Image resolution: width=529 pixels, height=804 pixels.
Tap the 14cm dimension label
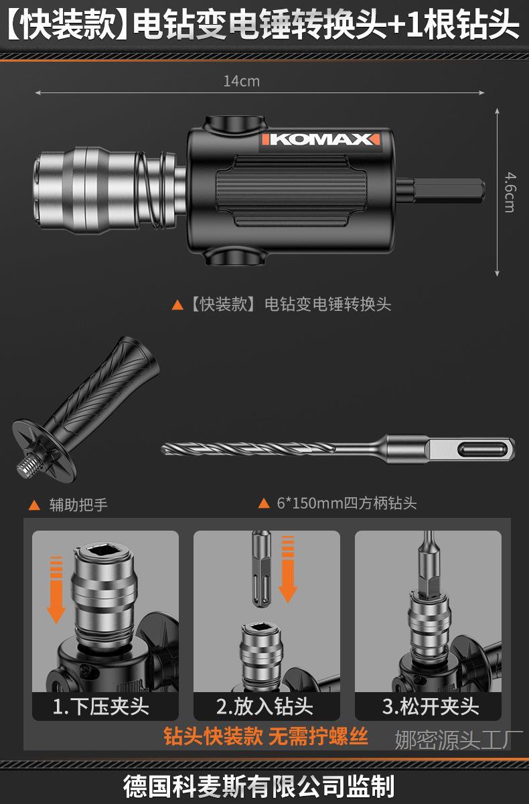(241, 81)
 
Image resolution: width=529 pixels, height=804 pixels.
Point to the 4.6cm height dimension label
(509, 192)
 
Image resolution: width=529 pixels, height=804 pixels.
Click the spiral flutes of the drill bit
(254, 448)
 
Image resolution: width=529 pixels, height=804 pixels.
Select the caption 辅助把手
(78, 505)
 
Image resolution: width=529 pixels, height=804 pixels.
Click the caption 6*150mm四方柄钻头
(346, 503)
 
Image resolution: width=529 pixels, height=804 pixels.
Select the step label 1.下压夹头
(101, 706)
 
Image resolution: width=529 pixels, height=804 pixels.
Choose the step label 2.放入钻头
(265, 706)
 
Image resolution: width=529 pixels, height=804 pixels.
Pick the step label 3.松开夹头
(431, 706)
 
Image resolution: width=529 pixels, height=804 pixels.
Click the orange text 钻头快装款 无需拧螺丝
(267, 737)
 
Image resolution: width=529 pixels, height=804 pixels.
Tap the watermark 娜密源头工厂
(458, 740)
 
